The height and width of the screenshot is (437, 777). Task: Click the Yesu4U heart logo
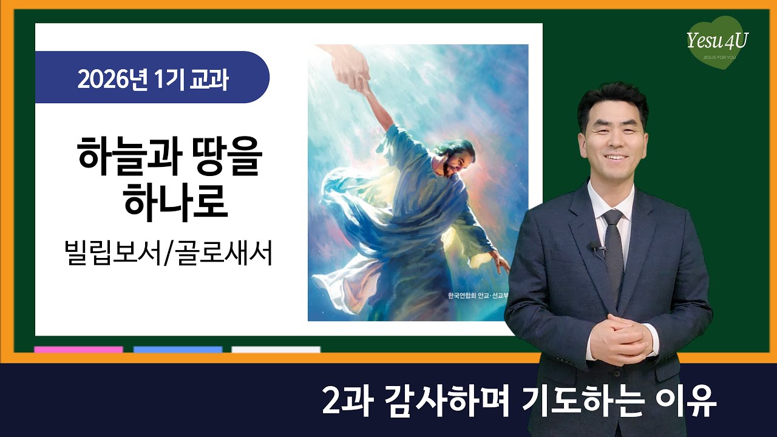[x=717, y=43]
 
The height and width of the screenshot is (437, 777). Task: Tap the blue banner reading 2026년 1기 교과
[x=152, y=78]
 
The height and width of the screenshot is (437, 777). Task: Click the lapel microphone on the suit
[x=594, y=246]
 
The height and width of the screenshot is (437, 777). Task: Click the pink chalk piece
[x=78, y=350]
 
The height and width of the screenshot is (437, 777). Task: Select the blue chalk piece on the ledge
[x=178, y=350]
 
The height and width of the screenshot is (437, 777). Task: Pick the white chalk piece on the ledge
[x=276, y=350]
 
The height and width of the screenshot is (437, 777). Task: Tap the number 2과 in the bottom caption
[x=343, y=401]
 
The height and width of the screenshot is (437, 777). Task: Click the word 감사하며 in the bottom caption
[x=436, y=401]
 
